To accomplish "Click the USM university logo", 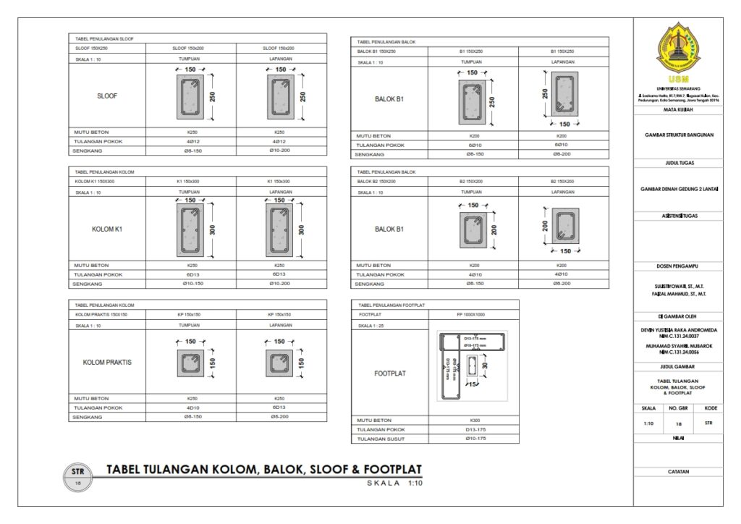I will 678,48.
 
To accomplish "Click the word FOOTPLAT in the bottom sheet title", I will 391,469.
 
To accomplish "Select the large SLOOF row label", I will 107,96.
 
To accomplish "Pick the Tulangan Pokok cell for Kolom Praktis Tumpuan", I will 192,407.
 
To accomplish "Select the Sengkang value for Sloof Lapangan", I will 279,150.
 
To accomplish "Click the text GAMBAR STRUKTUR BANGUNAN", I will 678,135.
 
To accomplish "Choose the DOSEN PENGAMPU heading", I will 678,266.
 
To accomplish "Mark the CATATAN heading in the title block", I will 678,472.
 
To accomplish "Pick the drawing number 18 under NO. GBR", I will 678,423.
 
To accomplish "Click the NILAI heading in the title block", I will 678,438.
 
